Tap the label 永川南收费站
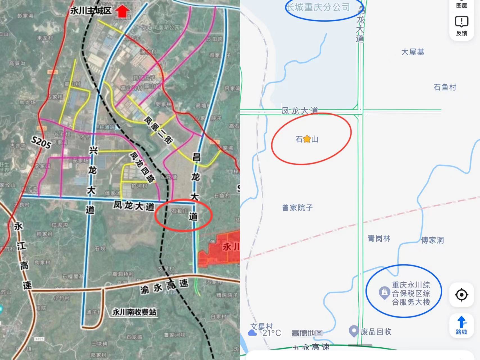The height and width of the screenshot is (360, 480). pos(134,312)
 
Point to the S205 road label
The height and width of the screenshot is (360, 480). pos(41,142)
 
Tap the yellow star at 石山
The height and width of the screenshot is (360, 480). pos(307,139)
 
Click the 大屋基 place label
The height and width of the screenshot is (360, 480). pos(412,52)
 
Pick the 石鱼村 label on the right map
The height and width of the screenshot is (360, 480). pos(445,87)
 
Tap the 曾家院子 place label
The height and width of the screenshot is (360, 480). pos(297,208)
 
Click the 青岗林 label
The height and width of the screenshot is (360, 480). pos(379,239)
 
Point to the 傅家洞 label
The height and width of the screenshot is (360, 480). pos(432,240)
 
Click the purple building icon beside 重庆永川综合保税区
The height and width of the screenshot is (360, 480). pos(384,292)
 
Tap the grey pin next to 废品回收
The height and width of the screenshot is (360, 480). pos(354,331)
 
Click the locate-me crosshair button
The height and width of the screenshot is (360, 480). pos(461,295)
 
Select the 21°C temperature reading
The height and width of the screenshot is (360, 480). pos(271,333)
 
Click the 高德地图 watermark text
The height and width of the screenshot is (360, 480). pos(307,333)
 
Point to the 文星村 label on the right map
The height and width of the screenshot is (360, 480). pos(262,326)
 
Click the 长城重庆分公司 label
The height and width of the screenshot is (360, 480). pos(318,7)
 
